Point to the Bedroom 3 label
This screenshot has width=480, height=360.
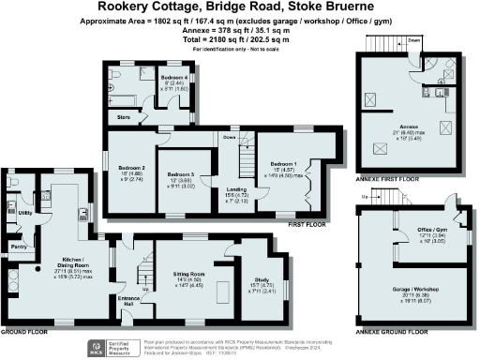tap(179, 174)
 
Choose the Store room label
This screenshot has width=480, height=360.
tap(123, 117)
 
